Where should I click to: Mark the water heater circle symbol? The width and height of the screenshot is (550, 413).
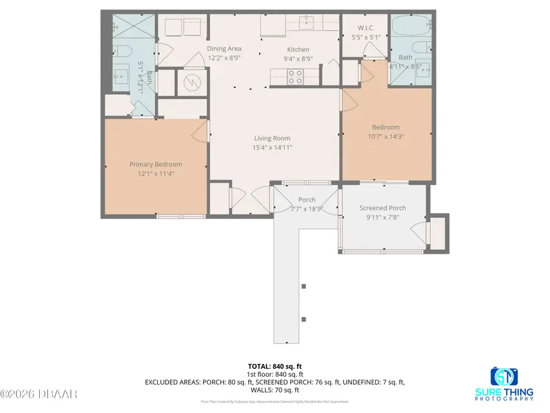coord(191,82)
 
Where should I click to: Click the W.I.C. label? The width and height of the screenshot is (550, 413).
coord(365,28)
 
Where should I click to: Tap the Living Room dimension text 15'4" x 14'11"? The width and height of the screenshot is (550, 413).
coord(273,147)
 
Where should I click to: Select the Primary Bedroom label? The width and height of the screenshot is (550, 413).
coord(155,164)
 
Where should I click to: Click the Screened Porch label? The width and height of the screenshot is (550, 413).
coord(383,208)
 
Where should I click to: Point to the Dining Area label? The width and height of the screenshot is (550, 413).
coord(224,49)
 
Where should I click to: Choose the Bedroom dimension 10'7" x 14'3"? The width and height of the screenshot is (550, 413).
coord(386,136)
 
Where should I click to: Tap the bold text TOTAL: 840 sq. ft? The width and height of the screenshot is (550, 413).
coord(274,365)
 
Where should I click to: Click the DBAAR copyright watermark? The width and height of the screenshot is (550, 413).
coord(39,393)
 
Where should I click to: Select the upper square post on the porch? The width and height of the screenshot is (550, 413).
coord(304,286)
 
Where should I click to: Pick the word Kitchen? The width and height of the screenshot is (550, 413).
coord(298,50)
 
